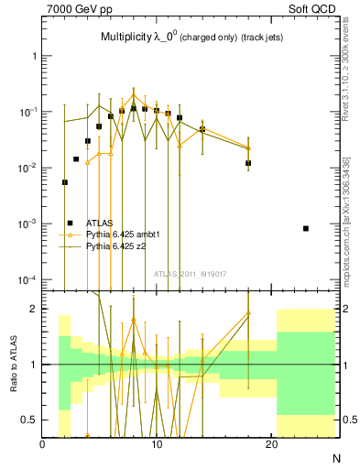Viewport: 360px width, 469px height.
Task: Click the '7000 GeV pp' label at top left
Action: pyautogui.click(x=77, y=8)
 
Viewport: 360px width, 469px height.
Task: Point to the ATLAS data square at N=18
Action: pyautogui.click(x=248, y=163)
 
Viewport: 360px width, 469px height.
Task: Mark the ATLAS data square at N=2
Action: pyautogui.click(x=64, y=182)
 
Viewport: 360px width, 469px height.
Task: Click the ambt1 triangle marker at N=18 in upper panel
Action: pyautogui.click(x=248, y=147)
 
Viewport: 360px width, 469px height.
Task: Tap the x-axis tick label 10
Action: pyautogui.click(x=157, y=445)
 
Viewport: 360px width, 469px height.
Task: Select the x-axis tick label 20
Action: pyautogui.click(x=271, y=445)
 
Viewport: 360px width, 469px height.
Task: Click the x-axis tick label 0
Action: pyautogui.click(x=42, y=445)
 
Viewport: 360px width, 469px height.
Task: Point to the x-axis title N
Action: pyautogui.click(x=336, y=457)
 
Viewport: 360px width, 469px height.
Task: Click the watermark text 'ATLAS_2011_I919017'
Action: pyautogui.click(x=191, y=272)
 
